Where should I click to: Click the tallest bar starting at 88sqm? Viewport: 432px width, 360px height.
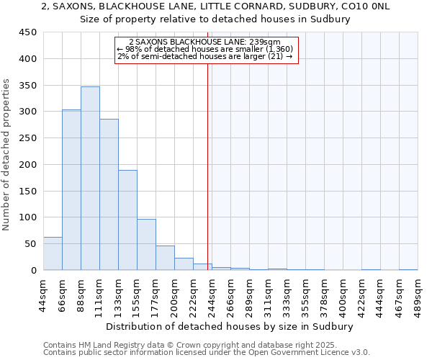pyautogui.click(x=90, y=179)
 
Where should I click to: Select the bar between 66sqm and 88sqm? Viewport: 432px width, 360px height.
pyautogui.click(x=71, y=190)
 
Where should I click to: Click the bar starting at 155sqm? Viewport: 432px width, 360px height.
pyautogui.click(x=146, y=245)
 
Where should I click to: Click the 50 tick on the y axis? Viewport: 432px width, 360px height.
pyautogui.click(x=31, y=244)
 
